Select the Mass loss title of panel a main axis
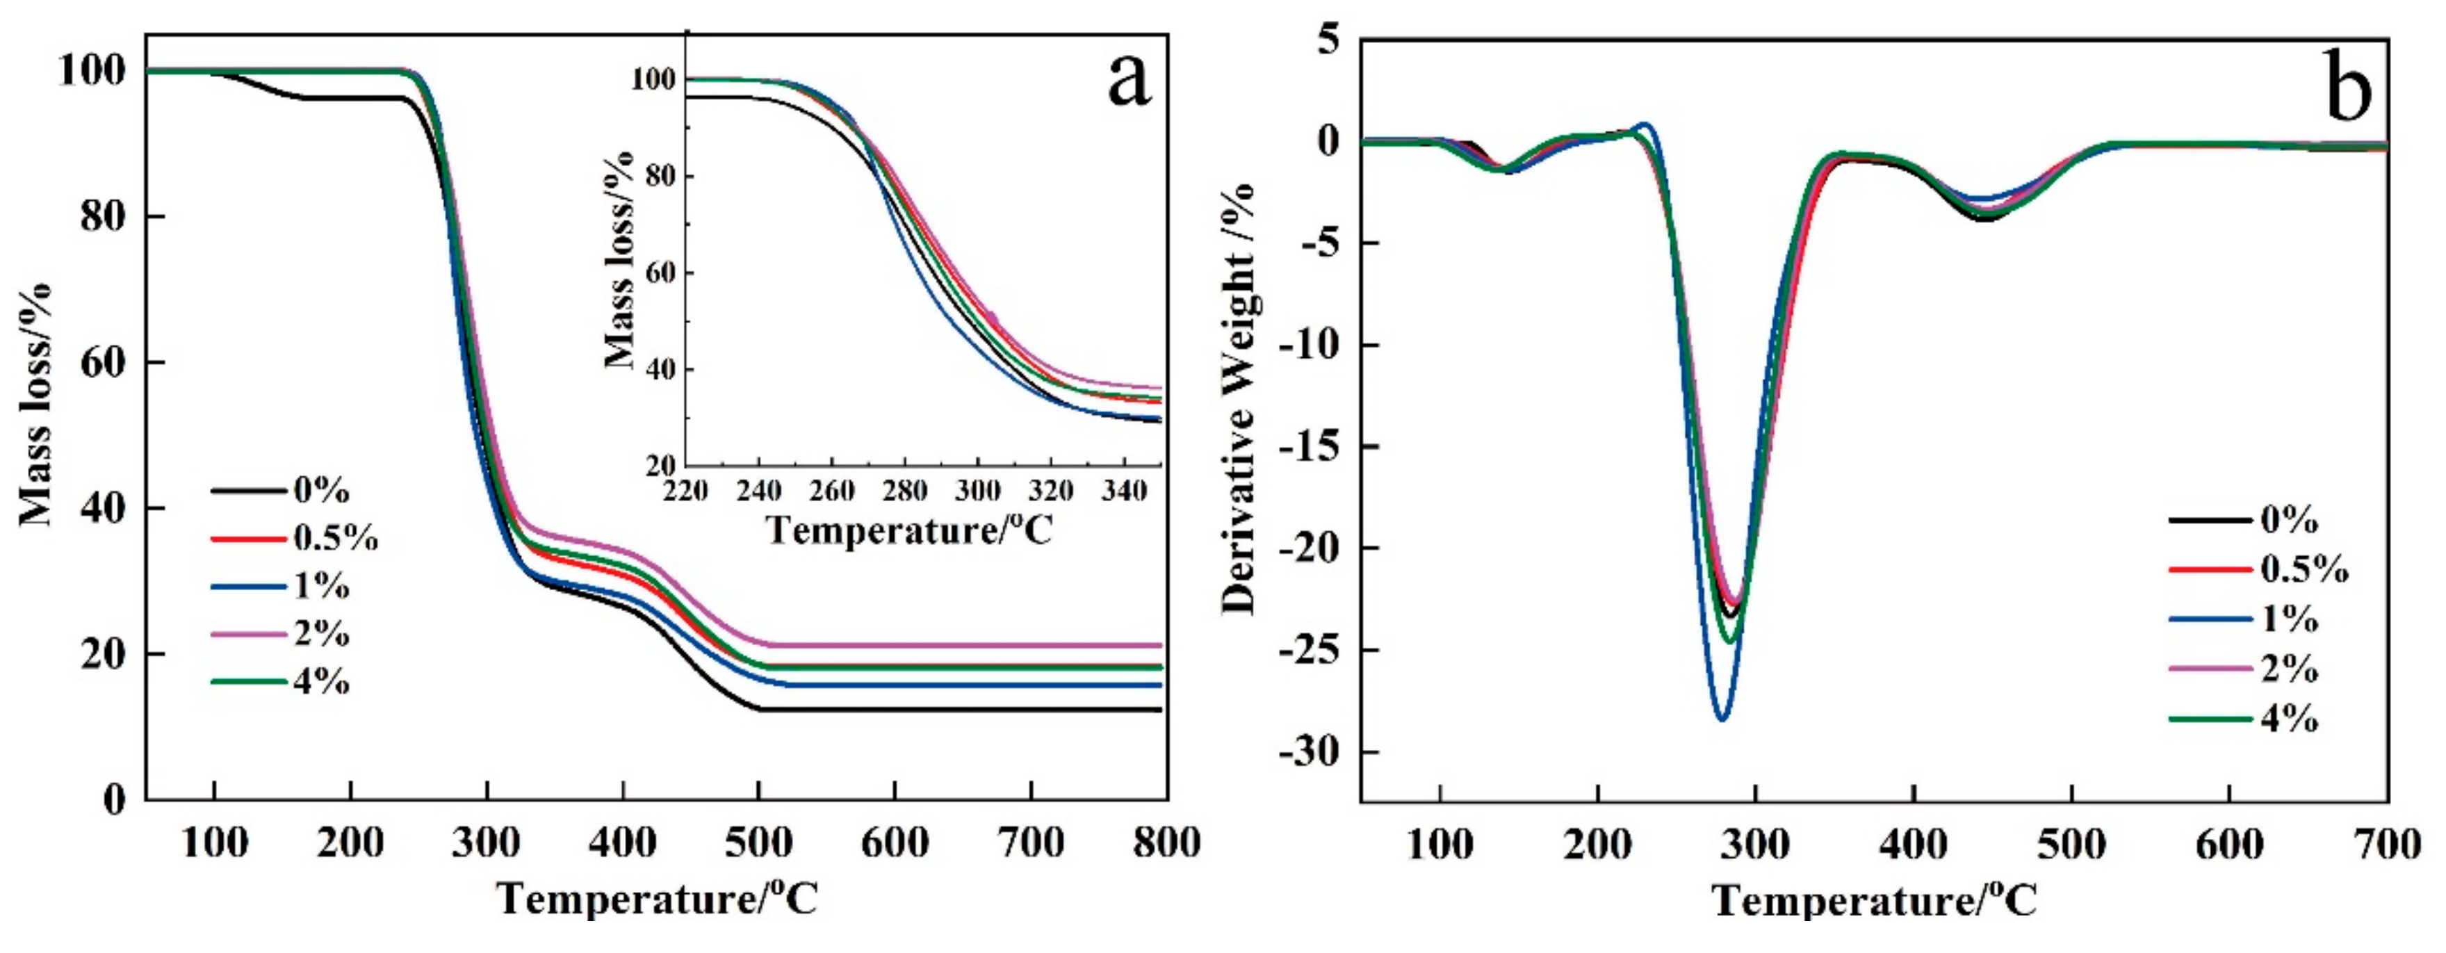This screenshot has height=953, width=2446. click(36, 403)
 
